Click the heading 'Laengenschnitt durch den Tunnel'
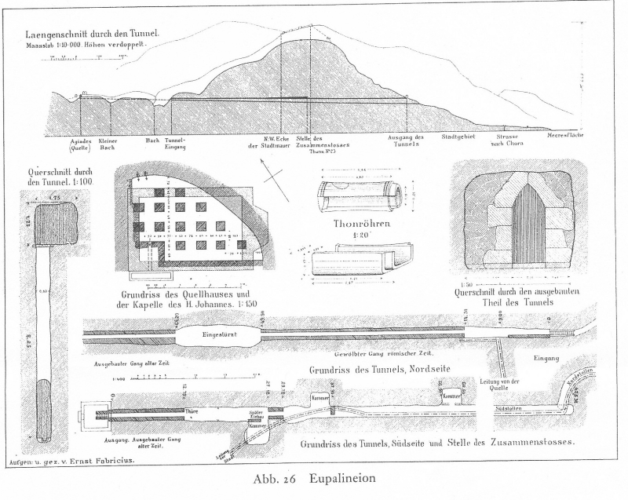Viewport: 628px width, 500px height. click(x=93, y=35)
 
